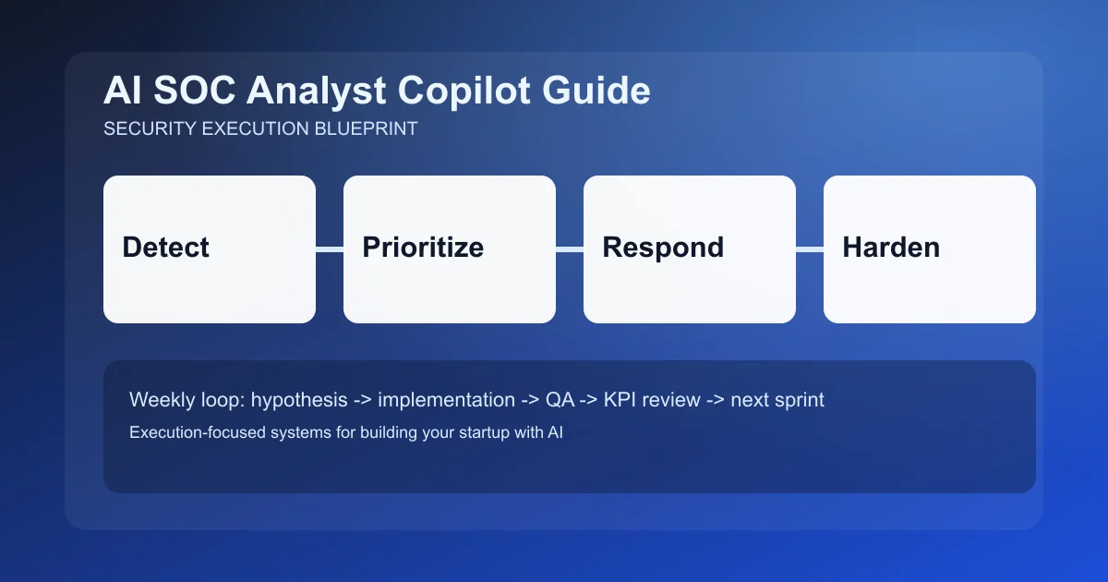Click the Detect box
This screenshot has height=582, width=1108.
[210, 249]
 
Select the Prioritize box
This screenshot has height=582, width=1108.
[450, 249]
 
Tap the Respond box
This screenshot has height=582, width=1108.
[690, 249]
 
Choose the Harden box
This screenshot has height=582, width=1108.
[930, 249]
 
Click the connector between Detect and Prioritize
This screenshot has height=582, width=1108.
[330, 249]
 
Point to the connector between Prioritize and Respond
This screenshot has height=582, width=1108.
[570, 249]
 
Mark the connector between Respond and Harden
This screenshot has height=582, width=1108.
[810, 249]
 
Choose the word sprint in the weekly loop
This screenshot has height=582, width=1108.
[798, 400]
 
